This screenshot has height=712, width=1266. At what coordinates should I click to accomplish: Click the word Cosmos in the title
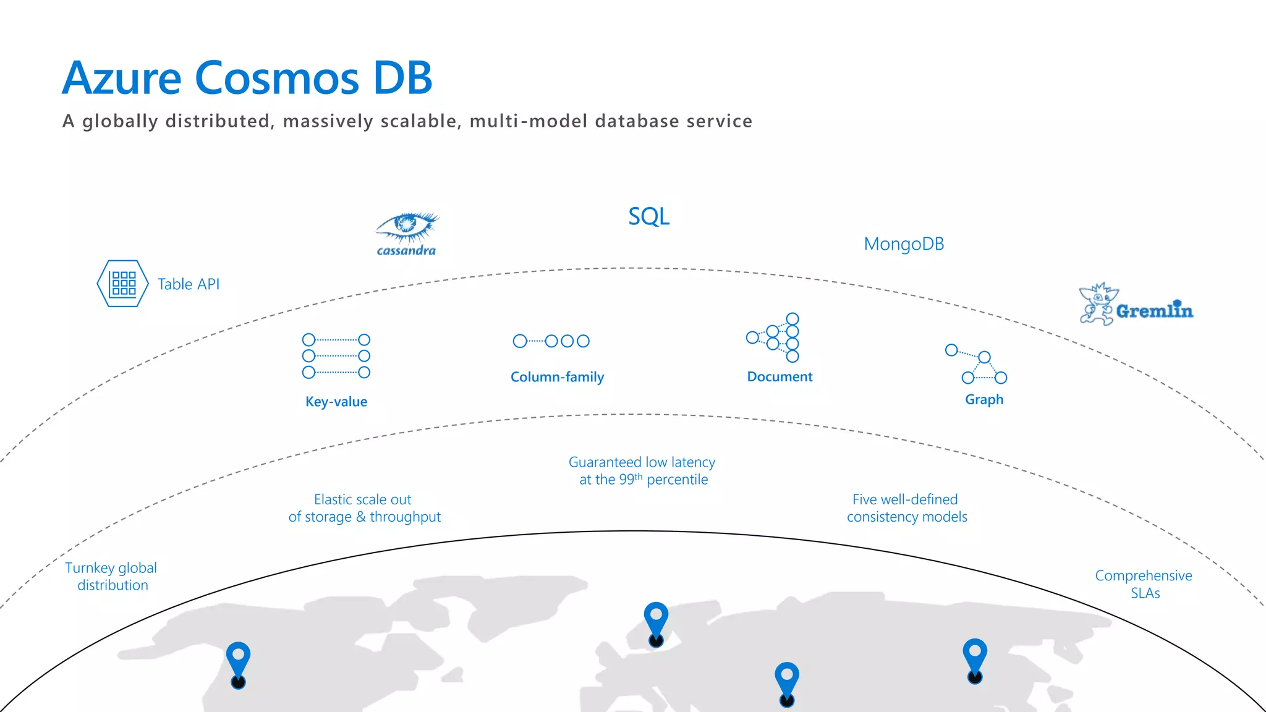[277, 78]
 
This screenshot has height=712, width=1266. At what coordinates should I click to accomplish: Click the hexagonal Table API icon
[122, 284]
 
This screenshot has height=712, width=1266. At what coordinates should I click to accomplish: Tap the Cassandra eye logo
[407, 229]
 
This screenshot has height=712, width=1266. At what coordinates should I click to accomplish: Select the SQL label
[648, 216]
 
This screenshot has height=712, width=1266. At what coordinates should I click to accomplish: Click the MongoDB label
[903, 244]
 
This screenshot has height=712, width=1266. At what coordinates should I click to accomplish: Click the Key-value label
[336, 402]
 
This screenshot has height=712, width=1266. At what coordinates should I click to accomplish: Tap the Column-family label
[557, 377]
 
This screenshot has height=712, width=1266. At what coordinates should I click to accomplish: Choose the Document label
[780, 377]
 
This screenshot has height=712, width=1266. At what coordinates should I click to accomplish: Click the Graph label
[984, 400]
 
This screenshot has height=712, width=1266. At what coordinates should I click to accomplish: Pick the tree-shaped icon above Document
[774, 337]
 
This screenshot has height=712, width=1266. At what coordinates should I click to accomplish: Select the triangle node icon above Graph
[977, 365]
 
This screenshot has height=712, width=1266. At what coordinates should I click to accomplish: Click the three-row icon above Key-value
[336, 356]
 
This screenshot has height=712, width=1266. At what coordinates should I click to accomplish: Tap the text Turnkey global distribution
[111, 576]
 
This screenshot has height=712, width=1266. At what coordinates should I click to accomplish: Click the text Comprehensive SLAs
[1144, 584]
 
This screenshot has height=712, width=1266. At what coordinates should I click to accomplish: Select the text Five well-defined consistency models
[906, 508]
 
